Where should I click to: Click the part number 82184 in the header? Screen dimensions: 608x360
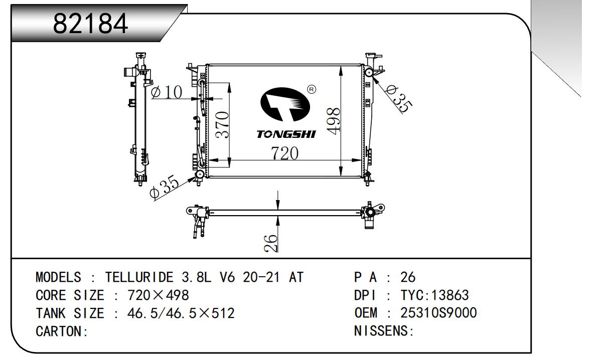tap(90, 24)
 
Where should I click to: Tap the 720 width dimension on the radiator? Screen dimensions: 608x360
tap(285, 153)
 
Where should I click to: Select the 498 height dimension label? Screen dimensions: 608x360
tap(333, 121)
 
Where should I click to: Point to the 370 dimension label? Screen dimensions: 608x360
tap(222, 125)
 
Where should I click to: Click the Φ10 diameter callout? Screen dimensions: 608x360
tap(167, 92)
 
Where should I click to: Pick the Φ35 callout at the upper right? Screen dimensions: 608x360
tap(398, 99)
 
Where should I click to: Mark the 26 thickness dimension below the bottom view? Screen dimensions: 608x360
tap(271, 243)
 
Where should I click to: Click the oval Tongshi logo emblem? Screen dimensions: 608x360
tap(285, 104)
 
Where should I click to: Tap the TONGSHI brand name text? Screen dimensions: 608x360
tap(286, 134)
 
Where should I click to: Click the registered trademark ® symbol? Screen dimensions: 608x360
tap(312, 89)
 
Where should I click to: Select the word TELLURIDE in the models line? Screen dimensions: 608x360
tap(139, 277)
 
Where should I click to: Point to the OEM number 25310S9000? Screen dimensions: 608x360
tap(438, 313)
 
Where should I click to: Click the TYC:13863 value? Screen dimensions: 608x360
tap(435, 295)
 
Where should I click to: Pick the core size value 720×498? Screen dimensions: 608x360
tap(158, 295)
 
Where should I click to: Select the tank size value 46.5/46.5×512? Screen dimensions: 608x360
tap(181, 313)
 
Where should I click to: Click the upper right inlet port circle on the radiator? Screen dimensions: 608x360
tap(369, 72)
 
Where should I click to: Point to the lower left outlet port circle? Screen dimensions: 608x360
tap(200, 174)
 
